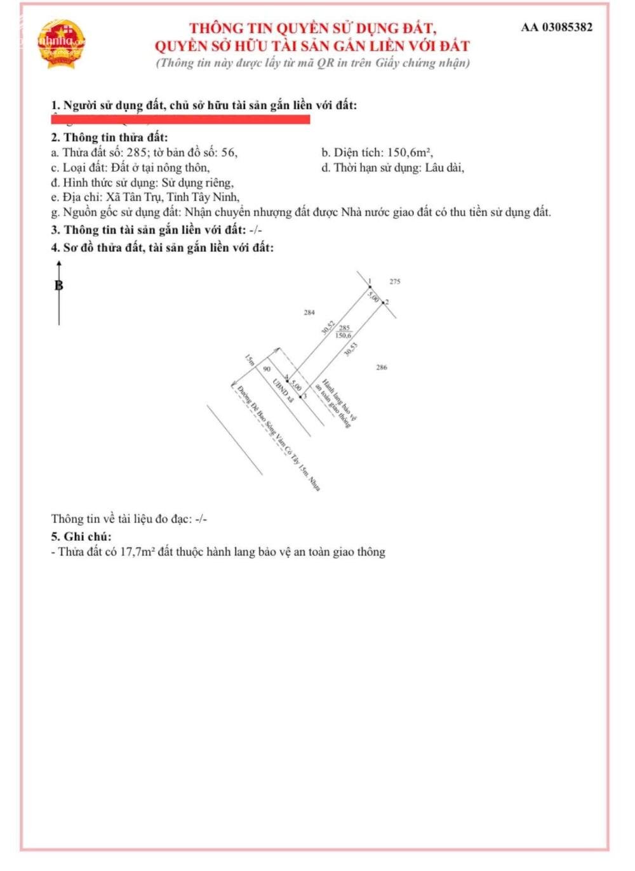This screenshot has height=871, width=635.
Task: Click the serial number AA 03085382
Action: tap(556, 27)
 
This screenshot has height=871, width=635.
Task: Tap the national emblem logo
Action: tap(61, 44)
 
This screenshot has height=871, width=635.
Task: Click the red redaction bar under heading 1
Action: tap(180, 119)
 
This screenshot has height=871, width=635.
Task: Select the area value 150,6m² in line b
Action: tap(410, 152)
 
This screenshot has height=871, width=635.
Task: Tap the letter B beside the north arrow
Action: tap(59, 286)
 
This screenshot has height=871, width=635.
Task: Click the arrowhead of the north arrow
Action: tap(59, 263)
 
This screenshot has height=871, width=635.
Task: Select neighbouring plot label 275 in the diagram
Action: tap(395, 281)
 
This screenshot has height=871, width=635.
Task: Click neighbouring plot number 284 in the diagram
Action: tap(309, 312)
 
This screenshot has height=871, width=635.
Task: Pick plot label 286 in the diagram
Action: tap(381, 367)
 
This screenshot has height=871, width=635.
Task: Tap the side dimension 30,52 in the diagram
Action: tap(328, 327)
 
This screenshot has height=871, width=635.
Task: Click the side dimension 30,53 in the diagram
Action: tap(351, 349)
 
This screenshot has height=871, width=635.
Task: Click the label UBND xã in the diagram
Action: tap(283, 390)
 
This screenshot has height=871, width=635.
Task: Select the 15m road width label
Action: tap(250, 360)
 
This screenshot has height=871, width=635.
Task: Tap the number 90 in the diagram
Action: tap(267, 369)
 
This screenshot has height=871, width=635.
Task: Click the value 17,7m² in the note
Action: tap(138, 552)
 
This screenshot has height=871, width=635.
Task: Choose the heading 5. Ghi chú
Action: tap(81, 536)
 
